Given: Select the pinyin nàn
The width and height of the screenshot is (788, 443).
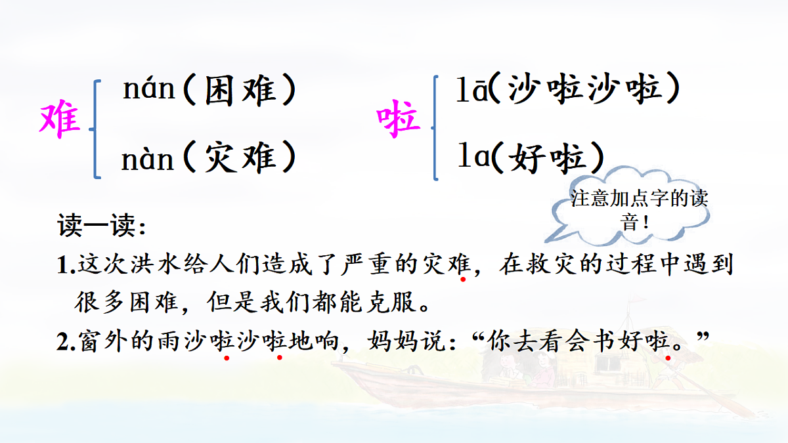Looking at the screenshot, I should [x=148, y=159].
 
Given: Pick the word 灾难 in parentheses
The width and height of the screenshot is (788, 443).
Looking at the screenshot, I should [x=240, y=159].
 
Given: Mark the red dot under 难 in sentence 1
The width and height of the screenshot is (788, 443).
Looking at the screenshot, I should [x=463, y=280].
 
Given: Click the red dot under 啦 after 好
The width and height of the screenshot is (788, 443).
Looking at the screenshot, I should [x=668, y=358].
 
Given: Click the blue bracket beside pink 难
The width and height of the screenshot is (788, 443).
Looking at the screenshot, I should [x=97, y=128].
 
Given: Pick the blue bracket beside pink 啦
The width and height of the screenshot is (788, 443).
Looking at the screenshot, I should [x=435, y=128].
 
